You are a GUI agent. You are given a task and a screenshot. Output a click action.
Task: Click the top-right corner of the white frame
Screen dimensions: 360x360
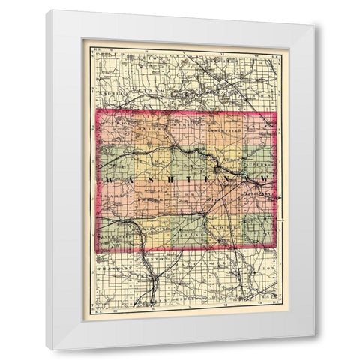tap(313, 24)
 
